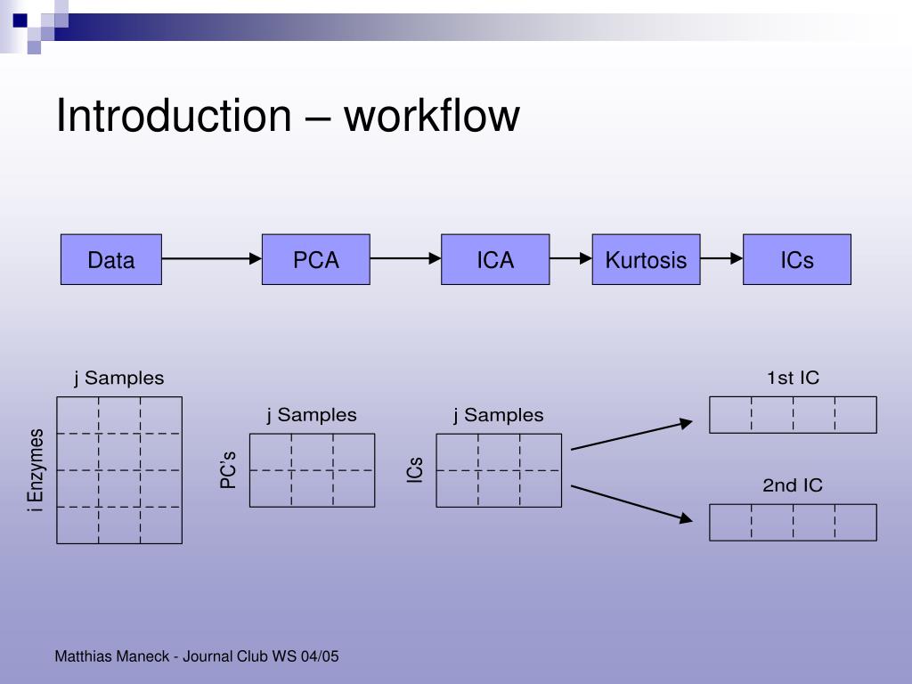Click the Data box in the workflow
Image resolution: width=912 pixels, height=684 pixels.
coord(111,259)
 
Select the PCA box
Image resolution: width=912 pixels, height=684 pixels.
coord(316,259)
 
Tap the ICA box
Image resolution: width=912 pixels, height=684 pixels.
coord(495,259)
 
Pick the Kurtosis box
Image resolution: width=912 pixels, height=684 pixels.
coord(646,259)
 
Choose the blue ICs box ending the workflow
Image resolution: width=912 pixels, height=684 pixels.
coord(797,259)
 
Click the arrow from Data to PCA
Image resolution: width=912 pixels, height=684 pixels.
coord(212,259)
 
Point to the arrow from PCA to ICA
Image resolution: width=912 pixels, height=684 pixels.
coord(405,259)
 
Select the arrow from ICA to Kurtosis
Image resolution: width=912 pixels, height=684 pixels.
coord(571,259)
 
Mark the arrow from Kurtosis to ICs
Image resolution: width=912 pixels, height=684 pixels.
coord(721,259)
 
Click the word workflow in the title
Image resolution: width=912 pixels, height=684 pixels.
coord(432,117)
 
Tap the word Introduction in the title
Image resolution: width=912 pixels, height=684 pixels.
coord(174,117)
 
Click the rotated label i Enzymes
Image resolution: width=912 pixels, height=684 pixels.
coord(36,470)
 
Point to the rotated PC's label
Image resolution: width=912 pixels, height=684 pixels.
coord(228,469)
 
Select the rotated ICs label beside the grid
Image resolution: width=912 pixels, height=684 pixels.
coord(415,470)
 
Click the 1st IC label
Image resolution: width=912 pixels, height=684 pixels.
coord(793,378)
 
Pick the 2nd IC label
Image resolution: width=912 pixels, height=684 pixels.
coord(793,485)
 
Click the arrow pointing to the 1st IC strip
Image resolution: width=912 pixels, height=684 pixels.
coord(631,436)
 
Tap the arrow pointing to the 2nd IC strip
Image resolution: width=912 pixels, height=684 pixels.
coord(631,501)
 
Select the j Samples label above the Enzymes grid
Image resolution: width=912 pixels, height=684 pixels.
coord(118,378)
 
